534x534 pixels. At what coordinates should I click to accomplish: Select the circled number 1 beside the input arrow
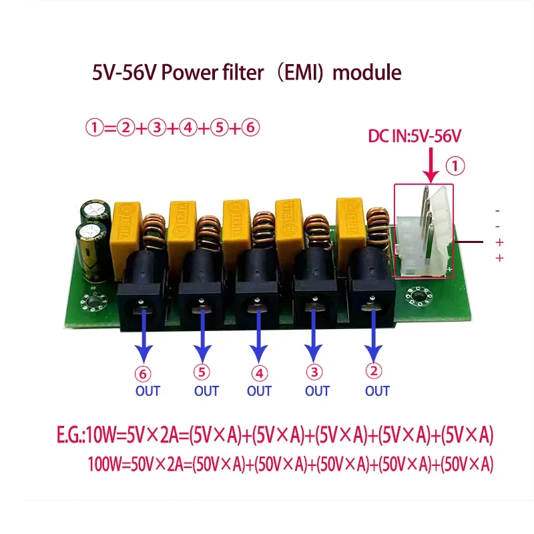(x=455, y=163)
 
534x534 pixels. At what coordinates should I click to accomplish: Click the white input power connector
(x=425, y=230)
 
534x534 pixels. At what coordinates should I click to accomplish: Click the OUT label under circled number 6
(x=148, y=390)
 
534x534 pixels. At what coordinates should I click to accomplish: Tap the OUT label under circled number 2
(x=377, y=390)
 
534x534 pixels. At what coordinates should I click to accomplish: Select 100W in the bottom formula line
(x=103, y=465)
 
